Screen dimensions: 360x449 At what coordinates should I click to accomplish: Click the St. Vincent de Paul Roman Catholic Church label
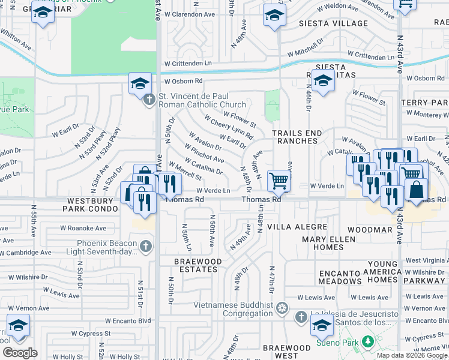(202, 100)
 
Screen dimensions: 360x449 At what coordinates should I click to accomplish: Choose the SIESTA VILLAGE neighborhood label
(333, 23)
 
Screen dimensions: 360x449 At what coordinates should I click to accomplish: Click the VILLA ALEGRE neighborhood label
(297, 227)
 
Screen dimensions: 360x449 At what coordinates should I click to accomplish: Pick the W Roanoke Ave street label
(83, 229)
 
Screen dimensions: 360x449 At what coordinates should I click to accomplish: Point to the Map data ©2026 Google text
(412, 355)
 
